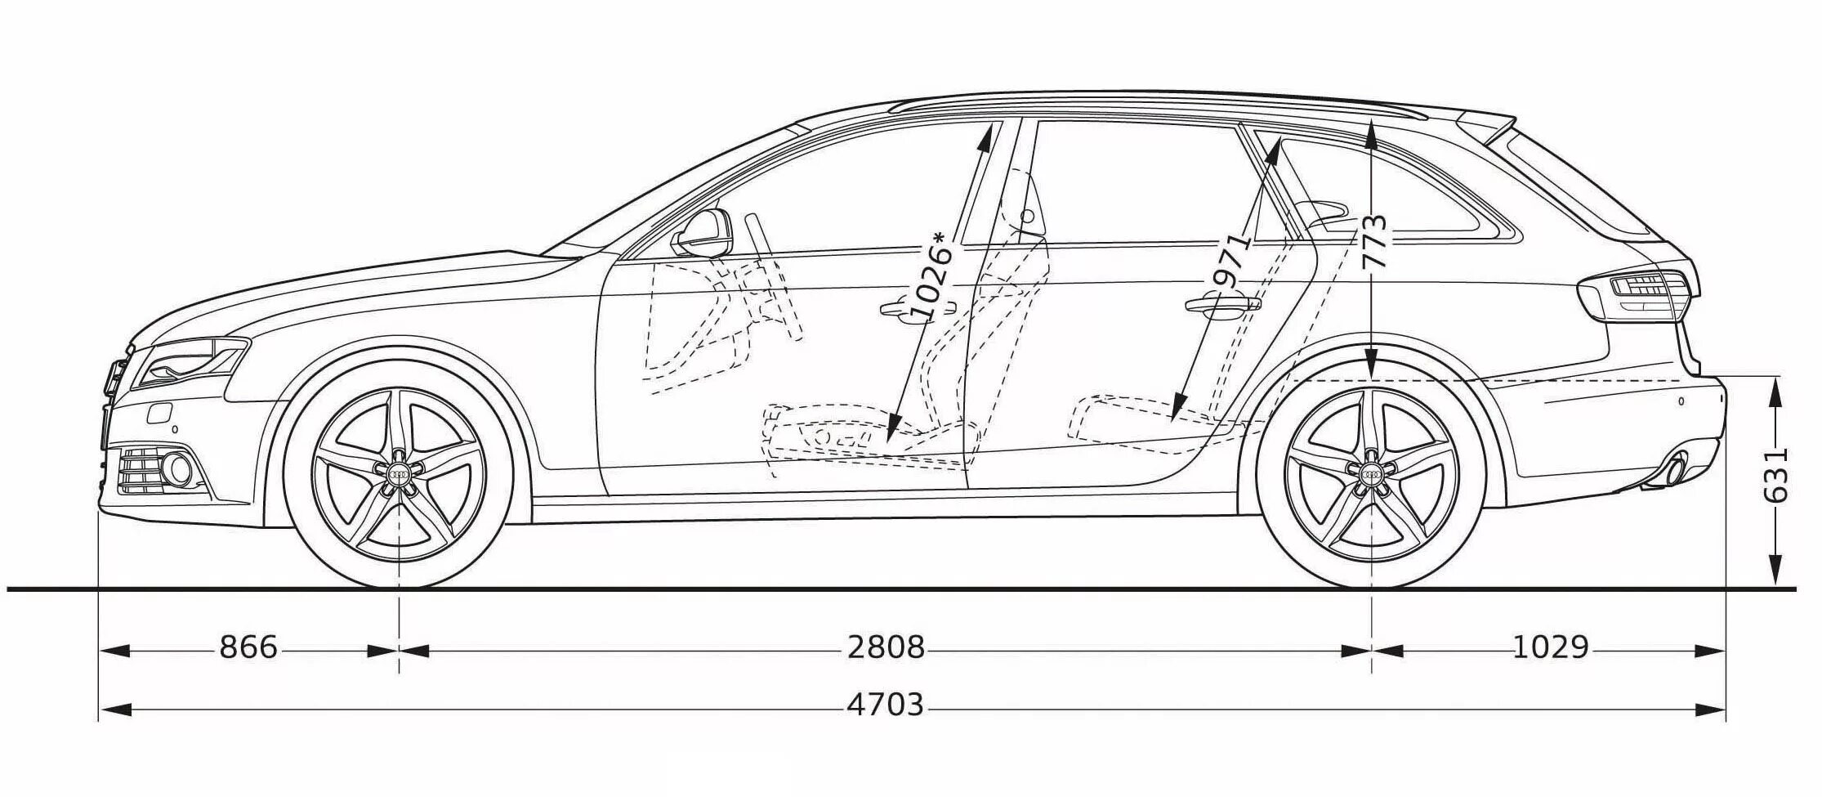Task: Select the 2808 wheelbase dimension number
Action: point(886,648)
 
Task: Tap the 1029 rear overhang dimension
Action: point(1551,648)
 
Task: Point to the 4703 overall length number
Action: point(885,705)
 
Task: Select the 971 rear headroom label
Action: point(1232,260)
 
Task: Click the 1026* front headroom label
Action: point(931,276)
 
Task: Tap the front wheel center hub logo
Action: point(400,472)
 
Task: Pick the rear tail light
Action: point(1638,294)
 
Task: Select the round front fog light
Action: point(177,468)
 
